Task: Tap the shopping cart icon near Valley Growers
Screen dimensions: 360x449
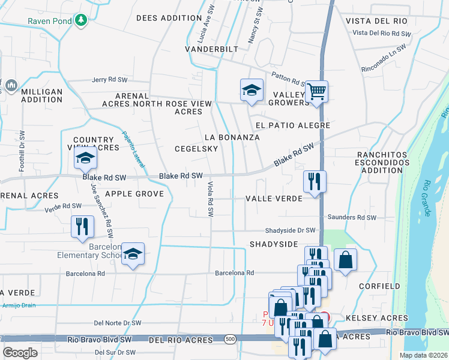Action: [x=316, y=92]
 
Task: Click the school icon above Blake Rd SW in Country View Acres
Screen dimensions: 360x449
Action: [x=85, y=158]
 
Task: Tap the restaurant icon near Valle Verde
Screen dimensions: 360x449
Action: [x=315, y=181]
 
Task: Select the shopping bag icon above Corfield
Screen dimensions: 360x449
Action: [x=346, y=260]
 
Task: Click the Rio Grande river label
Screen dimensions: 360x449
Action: [x=427, y=198]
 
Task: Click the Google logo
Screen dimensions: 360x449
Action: [x=20, y=353]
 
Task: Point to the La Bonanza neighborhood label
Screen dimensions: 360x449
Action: [x=232, y=137]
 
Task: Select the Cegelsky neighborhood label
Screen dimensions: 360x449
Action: [x=191, y=149]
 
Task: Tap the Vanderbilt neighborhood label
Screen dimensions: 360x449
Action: [x=211, y=49]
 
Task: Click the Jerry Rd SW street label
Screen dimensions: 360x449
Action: [x=110, y=80]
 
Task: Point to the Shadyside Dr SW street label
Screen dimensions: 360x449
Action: [x=291, y=230]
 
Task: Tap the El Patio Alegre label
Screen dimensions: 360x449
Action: [x=293, y=125]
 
